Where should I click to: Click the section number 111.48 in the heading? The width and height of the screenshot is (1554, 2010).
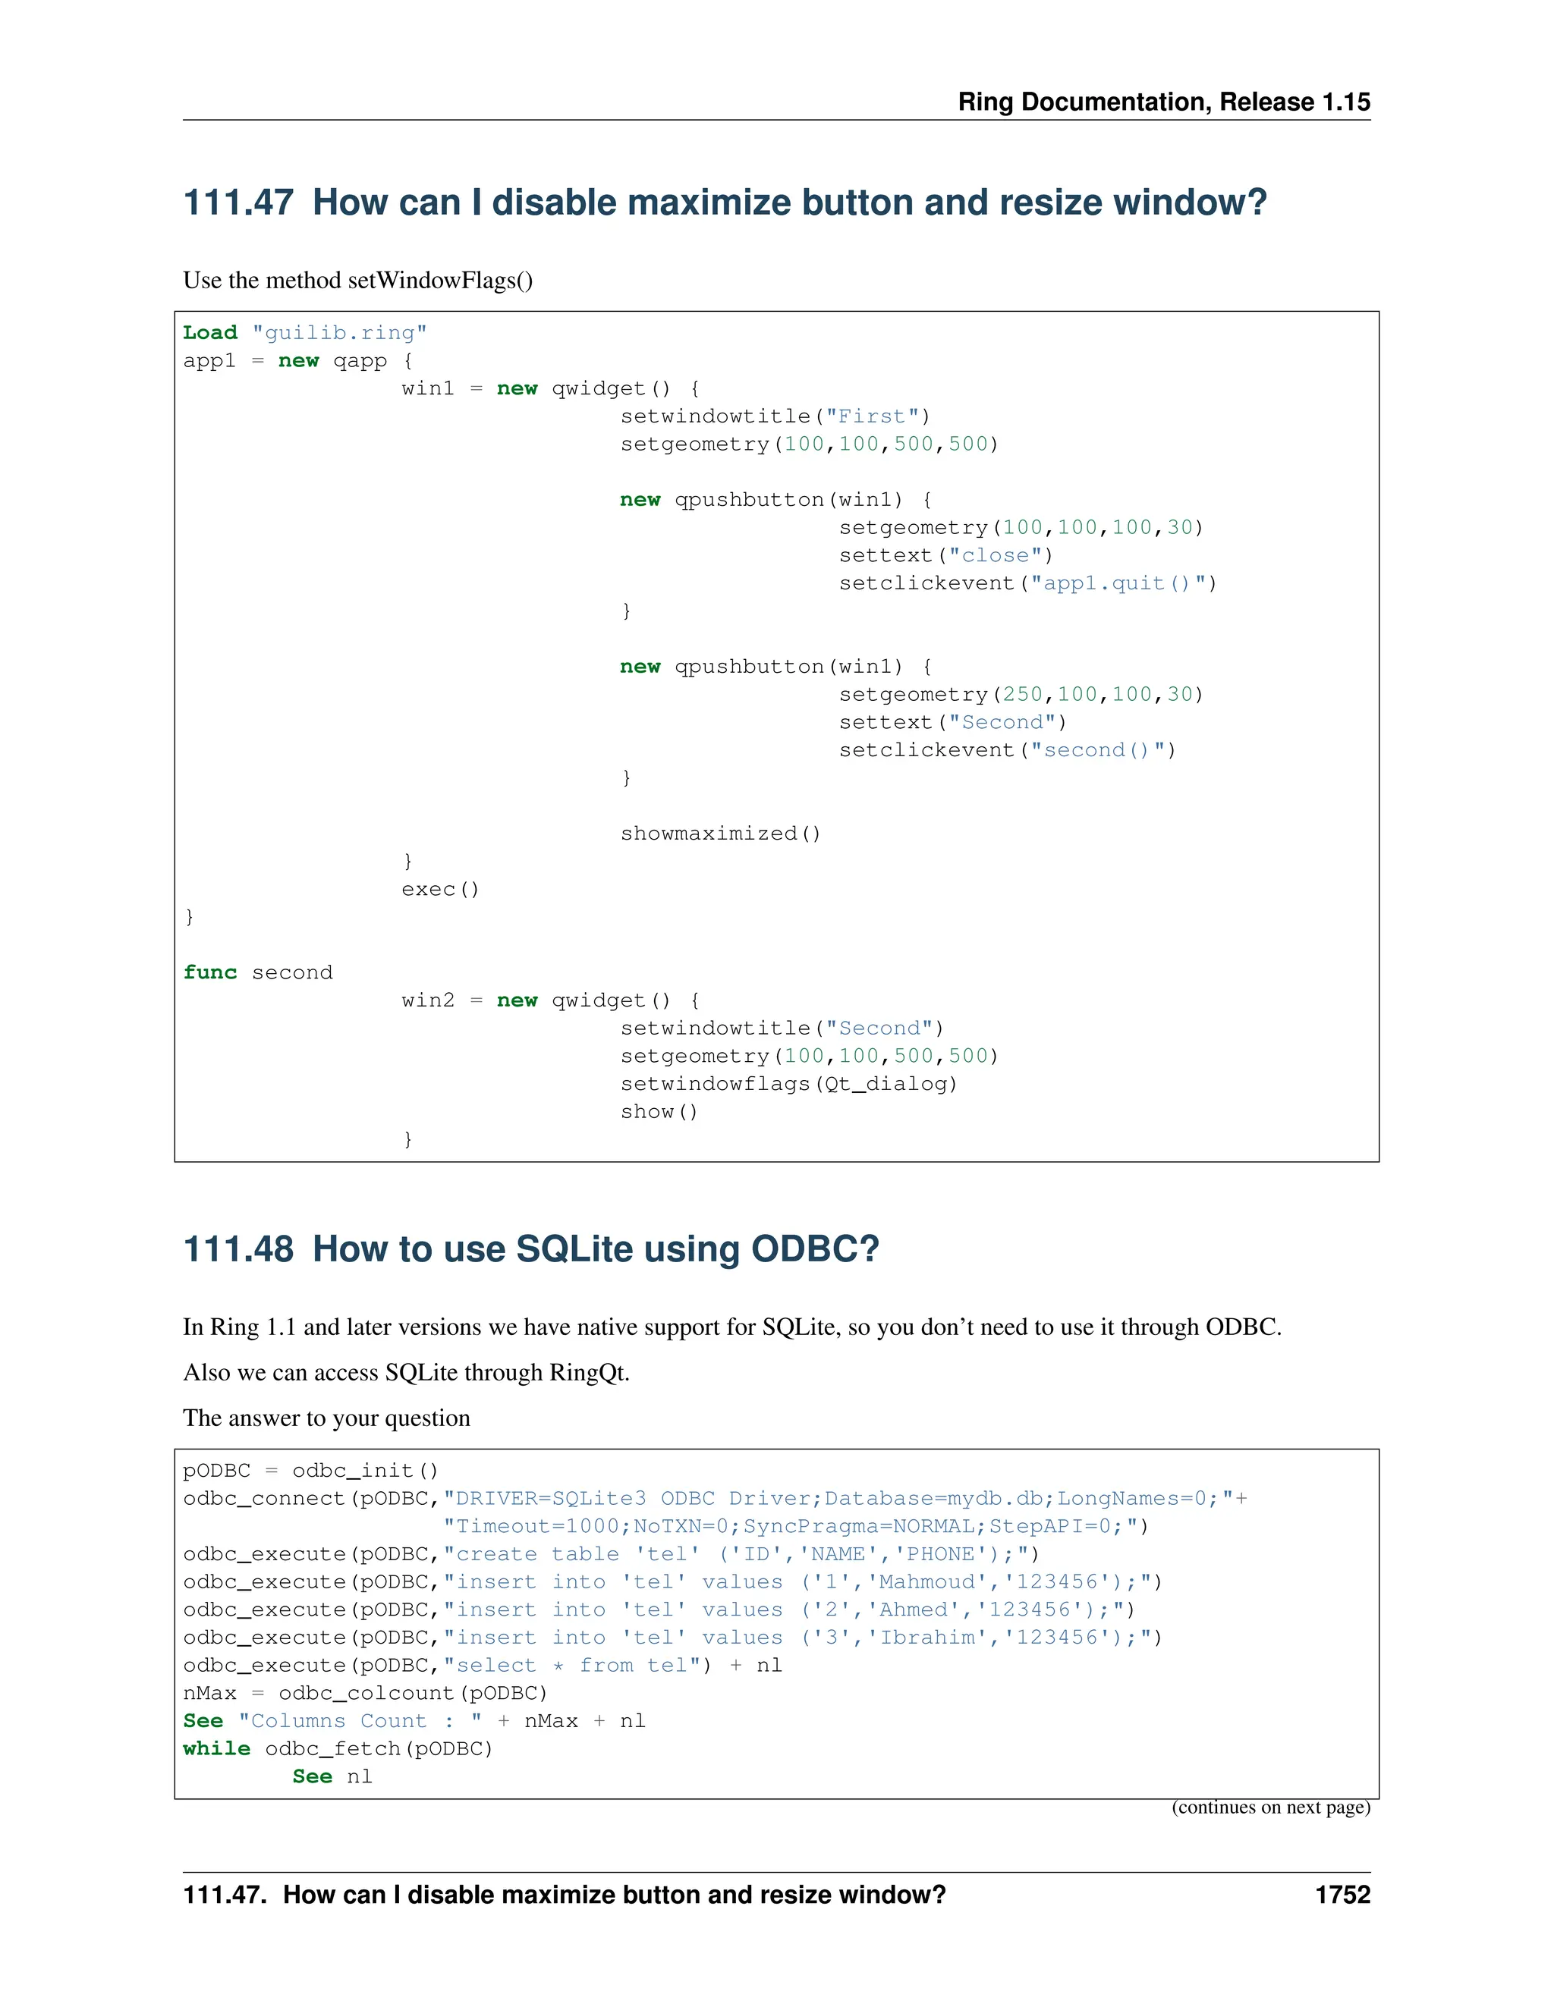tap(238, 1249)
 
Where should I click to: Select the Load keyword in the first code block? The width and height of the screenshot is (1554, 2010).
tap(210, 332)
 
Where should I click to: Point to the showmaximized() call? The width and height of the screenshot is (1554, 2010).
tap(720, 834)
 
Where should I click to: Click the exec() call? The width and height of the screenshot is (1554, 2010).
tap(440, 889)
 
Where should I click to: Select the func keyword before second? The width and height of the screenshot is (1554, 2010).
tap(210, 973)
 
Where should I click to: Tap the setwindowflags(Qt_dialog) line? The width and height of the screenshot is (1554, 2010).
tap(788, 1084)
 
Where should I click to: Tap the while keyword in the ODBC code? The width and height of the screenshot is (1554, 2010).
tap(216, 1748)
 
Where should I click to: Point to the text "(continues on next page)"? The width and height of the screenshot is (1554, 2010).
tap(1270, 1807)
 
